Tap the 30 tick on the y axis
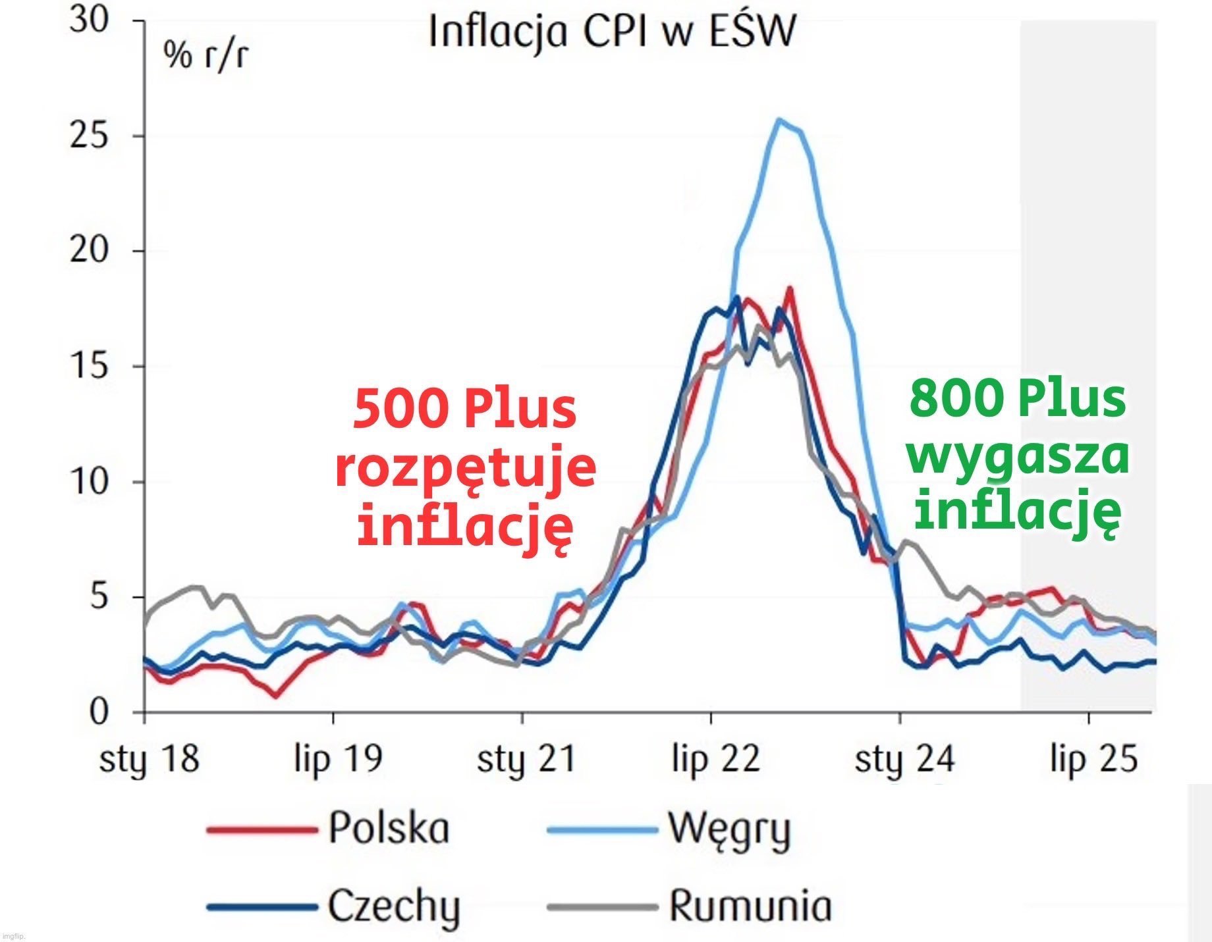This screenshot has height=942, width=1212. click(89, 21)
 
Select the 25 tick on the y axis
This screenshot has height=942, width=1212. click(89, 136)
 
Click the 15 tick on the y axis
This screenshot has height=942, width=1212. click(89, 367)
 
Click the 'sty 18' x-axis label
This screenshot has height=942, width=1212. click(149, 759)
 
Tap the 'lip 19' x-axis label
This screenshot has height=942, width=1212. click(337, 759)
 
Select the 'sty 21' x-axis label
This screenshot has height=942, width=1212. click(526, 759)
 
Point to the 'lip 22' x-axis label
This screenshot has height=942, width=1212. click(716, 759)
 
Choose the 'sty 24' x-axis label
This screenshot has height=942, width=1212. click(904, 759)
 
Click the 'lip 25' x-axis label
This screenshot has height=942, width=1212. click(1093, 759)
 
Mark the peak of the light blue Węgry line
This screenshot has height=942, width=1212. click(780, 120)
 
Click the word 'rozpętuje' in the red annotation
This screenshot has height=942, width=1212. click(466, 469)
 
